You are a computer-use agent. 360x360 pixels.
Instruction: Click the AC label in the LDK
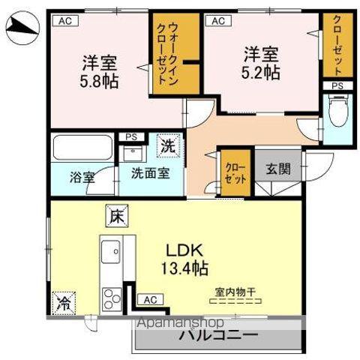(150, 299)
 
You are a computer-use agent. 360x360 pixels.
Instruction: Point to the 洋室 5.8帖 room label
(99, 71)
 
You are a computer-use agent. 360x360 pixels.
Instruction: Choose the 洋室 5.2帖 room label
(261, 63)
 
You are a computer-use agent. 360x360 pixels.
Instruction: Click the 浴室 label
(82, 178)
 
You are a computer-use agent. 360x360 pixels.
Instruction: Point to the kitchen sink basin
(109, 249)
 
